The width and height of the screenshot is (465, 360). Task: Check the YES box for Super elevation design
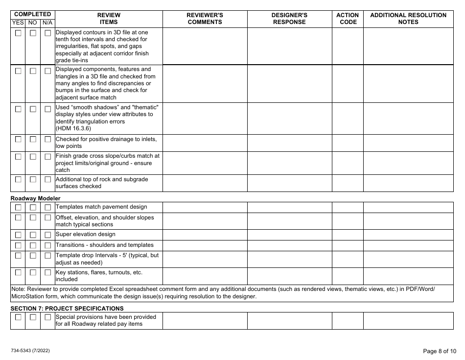pyautogui.click(x=18, y=234)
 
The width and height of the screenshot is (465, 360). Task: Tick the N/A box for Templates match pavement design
pyautogui.click(x=48, y=207)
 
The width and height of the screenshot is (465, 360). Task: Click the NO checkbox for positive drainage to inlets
pyautogui.click(x=33, y=139)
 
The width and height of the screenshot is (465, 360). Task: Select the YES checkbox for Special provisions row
pyautogui.click(x=18, y=317)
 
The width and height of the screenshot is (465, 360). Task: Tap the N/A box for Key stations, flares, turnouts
pyautogui.click(x=48, y=272)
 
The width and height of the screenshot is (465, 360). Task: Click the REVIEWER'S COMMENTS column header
pyautogui.click(x=205, y=19)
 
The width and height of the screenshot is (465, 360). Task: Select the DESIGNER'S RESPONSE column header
pyautogui.click(x=289, y=19)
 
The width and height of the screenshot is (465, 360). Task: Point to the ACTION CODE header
pyautogui.click(x=348, y=19)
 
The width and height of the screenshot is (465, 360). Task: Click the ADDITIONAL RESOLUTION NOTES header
pyautogui.click(x=408, y=19)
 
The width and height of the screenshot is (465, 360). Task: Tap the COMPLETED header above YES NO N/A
pyautogui.click(x=32, y=15)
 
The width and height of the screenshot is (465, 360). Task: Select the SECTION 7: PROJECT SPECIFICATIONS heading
pyautogui.click(x=68, y=308)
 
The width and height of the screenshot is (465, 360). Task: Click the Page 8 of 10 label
pyautogui.click(x=440, y=351)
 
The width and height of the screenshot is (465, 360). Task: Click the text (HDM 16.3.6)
pyautogui.click(x=73, y=128)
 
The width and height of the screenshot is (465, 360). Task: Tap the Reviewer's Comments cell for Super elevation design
pyautogui.click(x=205, y=235)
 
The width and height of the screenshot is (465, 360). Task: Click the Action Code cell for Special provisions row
pyautogui.click(x=348, y=320)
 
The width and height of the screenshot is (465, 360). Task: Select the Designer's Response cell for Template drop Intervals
pyautogui.click(x=289, y=259)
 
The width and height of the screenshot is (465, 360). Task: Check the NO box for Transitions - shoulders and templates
pyautogui.click(x=33, y=245)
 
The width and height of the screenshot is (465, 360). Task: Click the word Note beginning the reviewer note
pyautogui.click(x=18, y=289)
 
